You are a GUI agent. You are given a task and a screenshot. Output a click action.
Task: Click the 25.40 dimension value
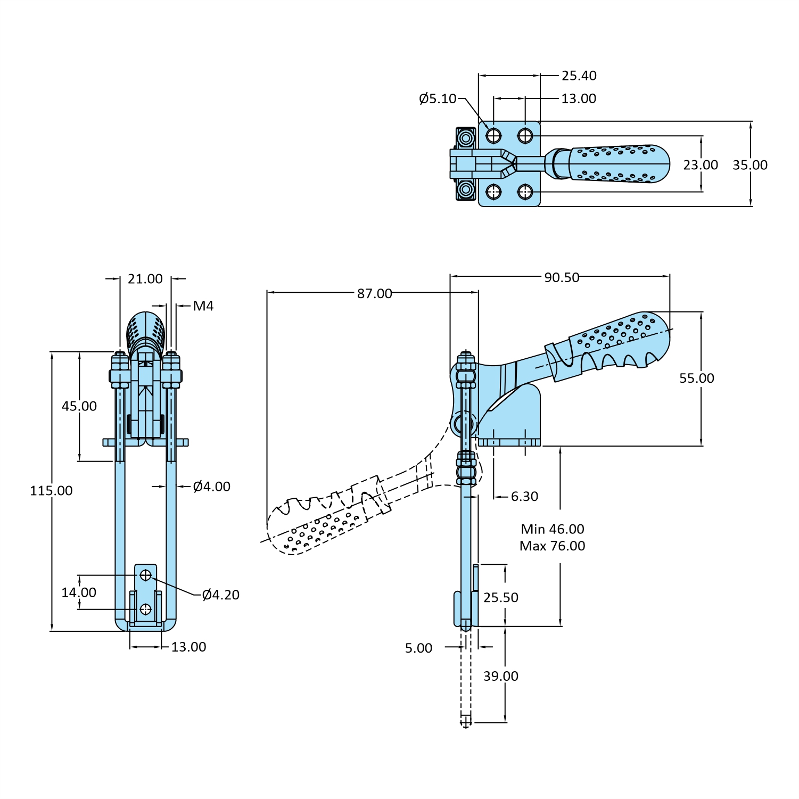(579, 76)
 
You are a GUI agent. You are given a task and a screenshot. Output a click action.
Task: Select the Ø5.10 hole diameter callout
(438, 98)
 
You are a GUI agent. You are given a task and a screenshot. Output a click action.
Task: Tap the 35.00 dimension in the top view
(749, 165)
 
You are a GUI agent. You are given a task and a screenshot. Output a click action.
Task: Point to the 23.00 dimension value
(700, 165)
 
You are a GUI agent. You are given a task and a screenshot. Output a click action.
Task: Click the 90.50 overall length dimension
(561, 277)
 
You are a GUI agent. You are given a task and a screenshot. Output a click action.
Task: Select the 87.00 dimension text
(374, 293)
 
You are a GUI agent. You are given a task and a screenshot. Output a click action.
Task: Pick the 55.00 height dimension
(696, 378)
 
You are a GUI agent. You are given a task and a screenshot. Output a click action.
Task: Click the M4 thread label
(203, 306)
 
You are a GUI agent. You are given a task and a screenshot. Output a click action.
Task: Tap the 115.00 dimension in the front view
(51, 490)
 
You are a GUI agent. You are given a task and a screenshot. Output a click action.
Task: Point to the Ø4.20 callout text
(220, 595)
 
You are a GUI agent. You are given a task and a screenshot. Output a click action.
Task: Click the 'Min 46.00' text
(552, 529)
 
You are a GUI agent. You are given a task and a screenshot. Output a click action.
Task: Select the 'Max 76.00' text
(552, 546)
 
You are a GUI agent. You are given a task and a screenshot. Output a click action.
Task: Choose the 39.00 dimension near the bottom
(500, 676)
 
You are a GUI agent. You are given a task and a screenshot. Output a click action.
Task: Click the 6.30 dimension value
(524, 496)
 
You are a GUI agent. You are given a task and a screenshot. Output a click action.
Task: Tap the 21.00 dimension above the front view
(145, 279)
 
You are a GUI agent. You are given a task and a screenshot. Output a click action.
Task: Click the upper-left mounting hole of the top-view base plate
(493, 136)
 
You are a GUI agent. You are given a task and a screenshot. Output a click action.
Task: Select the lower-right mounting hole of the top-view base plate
(525, 192)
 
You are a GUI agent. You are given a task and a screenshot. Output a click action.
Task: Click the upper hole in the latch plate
(145, 575)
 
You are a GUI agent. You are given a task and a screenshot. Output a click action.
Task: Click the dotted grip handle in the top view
(617, 164)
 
